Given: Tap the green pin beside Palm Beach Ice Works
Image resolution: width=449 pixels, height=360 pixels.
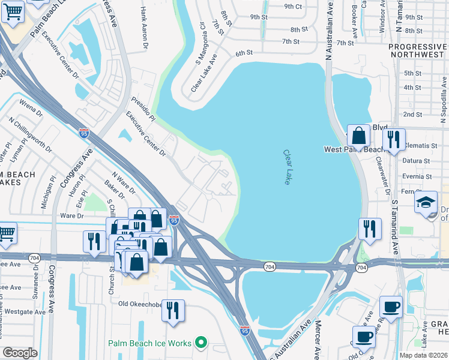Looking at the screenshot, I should pos(201,343).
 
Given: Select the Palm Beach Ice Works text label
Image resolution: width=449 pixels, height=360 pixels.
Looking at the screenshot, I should pos(149,344).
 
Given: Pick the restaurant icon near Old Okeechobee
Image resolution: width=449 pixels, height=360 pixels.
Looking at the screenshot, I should pos(173,310).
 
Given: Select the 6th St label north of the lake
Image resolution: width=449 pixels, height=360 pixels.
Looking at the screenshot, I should pos(244,53).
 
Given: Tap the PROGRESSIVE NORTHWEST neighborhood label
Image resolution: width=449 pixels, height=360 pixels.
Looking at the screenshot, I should pos(418,50).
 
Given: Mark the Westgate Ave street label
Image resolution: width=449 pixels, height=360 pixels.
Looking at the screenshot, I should pos(22,312).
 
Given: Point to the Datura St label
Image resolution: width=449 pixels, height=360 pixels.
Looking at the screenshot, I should pos(417,160).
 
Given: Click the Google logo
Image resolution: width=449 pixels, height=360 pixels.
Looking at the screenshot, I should pos(20,353).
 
